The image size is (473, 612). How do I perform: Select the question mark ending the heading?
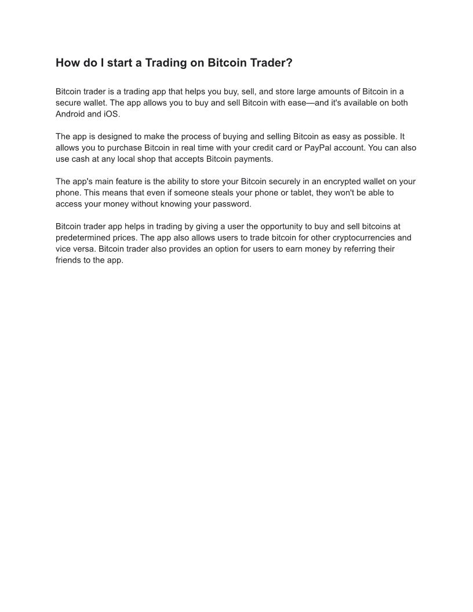[x=290, y=63]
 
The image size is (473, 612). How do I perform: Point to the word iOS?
[x=111, y=114]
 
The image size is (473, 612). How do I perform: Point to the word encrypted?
[x=331, y=181]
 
